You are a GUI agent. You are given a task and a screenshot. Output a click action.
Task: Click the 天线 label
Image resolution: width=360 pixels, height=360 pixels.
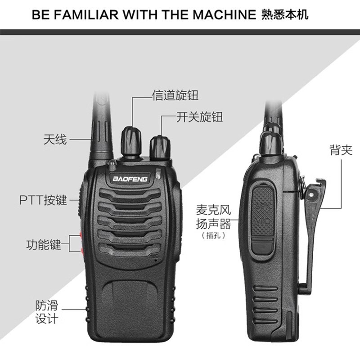[x=54, y=139]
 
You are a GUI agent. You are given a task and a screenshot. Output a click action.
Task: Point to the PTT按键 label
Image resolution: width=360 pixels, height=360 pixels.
[x=43, y=199]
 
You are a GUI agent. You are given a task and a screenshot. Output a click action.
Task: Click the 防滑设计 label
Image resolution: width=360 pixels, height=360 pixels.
[x=47, y=312]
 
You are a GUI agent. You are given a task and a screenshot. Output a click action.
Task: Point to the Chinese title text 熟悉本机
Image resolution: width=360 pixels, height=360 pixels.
[x=284, y=14]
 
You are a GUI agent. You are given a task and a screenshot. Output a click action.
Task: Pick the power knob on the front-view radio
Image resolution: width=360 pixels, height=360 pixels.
[x=160, y=147]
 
